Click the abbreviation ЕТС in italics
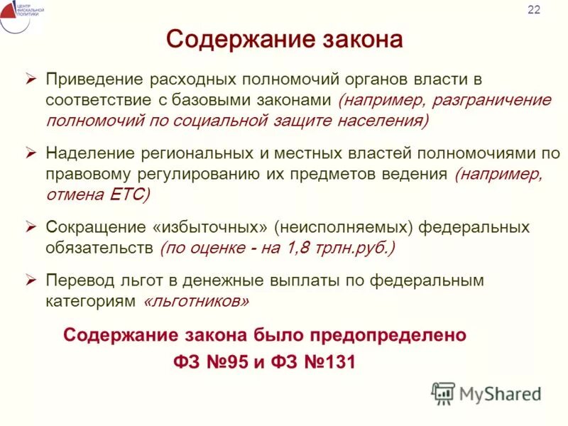(128, 195)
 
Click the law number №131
(329, 362)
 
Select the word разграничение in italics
(496, 99)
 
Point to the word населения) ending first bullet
(376, 120)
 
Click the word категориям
(90, 302)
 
